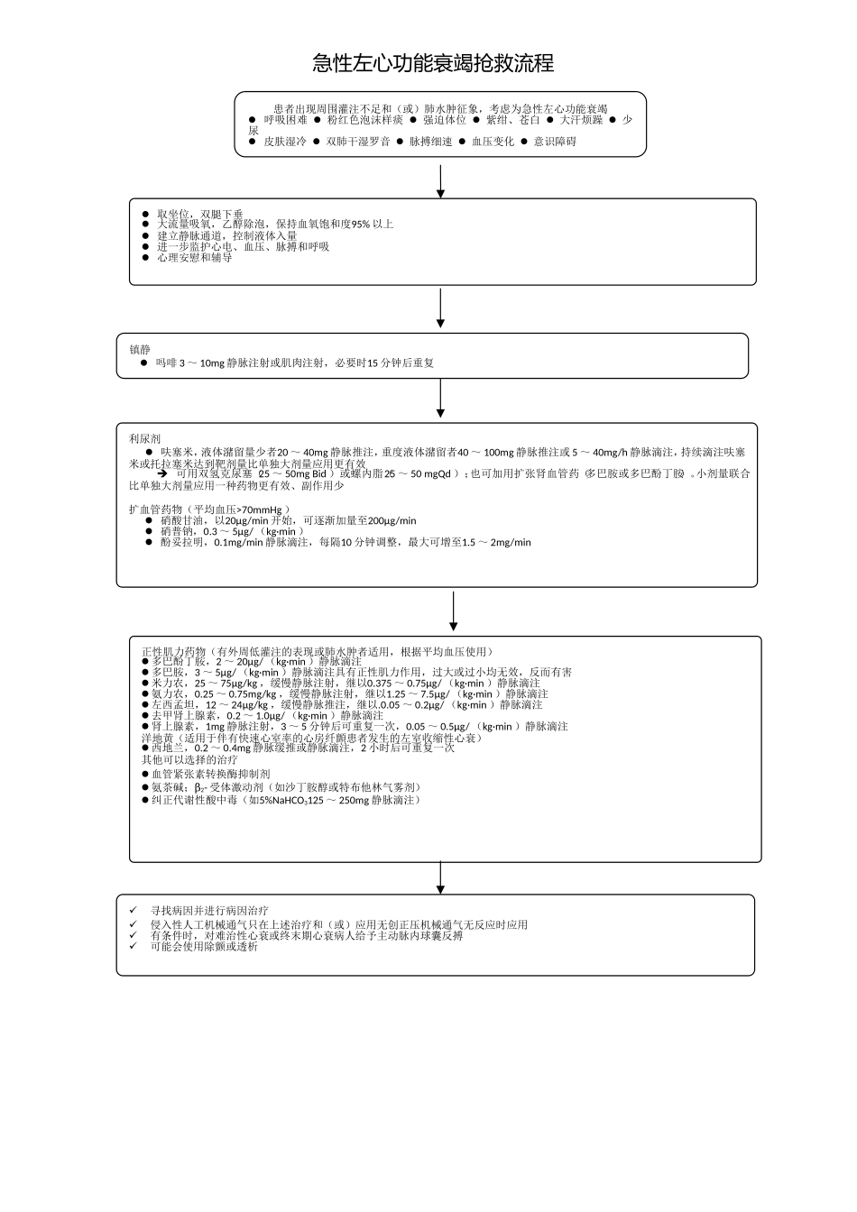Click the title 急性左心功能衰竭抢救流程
click(432, 63)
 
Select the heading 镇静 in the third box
click(140, 350)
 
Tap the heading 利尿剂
click(144, 438)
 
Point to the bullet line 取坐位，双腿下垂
click(199, 215)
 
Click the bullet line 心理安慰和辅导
click(194, 257)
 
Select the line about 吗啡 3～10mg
click(294, 363)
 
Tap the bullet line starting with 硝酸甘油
click(288, 520)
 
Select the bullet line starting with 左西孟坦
click(346, 704)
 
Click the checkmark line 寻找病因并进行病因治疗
click(208, 912)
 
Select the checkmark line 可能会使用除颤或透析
click(203, 947)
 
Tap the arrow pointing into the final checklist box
click(440, 877)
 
